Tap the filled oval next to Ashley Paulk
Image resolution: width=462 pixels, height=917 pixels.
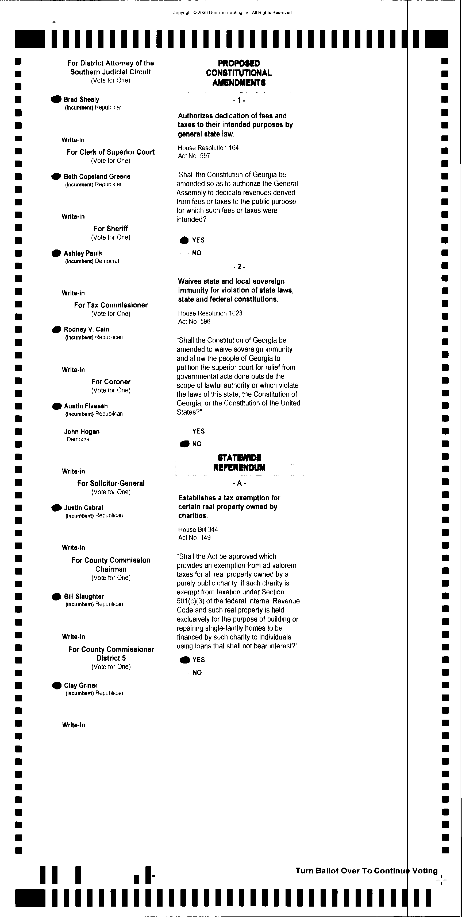click(x=56, y=253)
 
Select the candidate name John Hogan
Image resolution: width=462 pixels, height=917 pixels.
click(x=82, y=431)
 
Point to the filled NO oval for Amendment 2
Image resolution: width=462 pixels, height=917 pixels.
click(x=184, y=444)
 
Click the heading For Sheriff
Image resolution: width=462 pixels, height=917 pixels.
click(x=110, y=229)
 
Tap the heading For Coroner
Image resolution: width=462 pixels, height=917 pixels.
click(x=110, y=382)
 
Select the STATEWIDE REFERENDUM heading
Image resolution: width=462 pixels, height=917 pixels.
click(x=239, y=462)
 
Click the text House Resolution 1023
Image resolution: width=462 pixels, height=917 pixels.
click(x=210, y=313)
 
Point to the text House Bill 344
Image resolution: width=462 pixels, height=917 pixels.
click(x=198, y=529)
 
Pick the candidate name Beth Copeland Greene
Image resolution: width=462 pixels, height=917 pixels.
click(x=97, y=177)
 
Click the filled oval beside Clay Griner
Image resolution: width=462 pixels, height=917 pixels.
click(x=57, y=686)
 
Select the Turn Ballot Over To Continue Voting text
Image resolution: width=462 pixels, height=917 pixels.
click(x=367, y=871)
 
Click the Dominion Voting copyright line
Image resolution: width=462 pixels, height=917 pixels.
click(x=232, y=13)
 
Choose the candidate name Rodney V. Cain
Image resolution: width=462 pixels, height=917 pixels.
click(x=86, y=329)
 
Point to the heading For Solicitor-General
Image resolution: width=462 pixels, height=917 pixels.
click(x=111, y=483)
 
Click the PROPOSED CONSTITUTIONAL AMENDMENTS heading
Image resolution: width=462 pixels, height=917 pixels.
click(x=239, y=73)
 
